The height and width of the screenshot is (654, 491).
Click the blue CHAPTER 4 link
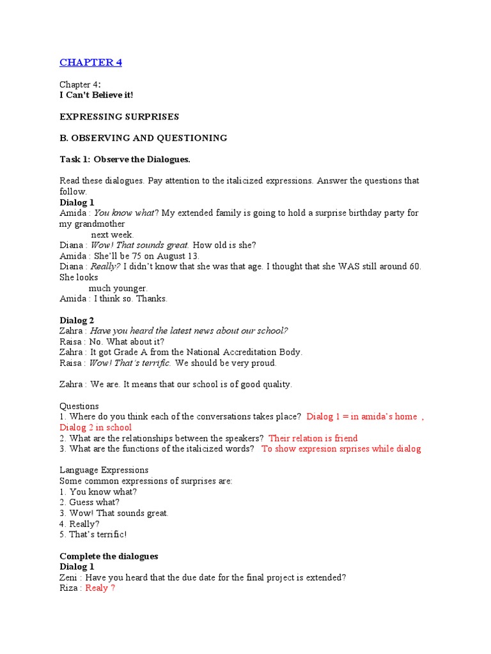pos(90,63)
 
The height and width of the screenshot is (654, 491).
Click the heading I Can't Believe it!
pos(97,95)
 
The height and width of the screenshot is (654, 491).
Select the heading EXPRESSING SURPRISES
pos(119,117)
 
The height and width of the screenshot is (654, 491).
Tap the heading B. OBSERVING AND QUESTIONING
pos(143,138)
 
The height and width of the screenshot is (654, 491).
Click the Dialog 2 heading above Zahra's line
pos(77,320)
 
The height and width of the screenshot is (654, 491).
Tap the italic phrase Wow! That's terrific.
pos(130,363)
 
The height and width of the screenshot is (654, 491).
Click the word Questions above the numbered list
pos(79,406)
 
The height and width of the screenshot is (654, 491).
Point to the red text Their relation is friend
pos(313,438)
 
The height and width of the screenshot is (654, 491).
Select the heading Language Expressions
pos(104,470)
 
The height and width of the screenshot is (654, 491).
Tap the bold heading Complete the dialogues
pos(109,556)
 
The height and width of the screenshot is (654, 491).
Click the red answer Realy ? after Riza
pos(100,588)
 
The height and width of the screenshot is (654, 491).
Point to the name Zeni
pos(70,577)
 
